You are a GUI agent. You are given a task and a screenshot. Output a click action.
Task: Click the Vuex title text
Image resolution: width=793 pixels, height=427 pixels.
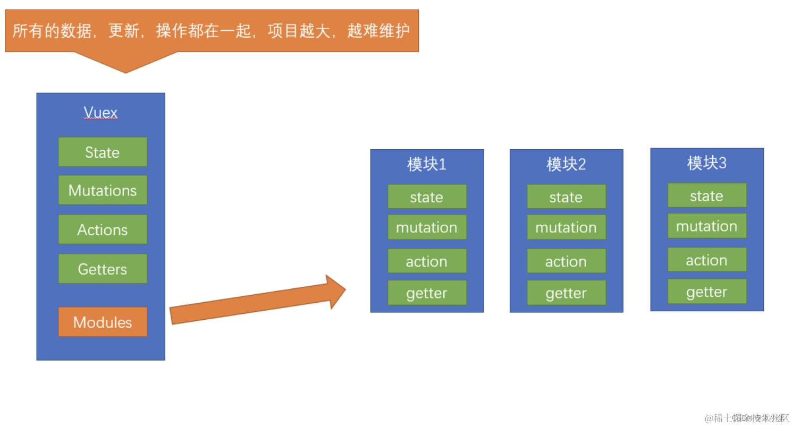[x=100, y=113]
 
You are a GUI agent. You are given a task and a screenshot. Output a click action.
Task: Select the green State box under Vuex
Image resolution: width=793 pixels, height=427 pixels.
[x=103, y=152]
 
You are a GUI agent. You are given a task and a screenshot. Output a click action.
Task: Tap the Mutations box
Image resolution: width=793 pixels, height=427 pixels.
[x=103, y=190]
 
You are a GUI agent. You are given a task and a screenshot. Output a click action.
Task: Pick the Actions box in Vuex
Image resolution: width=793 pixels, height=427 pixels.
[x=103, y=229]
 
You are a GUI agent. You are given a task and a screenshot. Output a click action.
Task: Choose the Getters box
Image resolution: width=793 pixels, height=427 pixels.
[x=103, y=269]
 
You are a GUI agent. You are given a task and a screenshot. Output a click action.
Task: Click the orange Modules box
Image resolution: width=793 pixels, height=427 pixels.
[x=103, y=322]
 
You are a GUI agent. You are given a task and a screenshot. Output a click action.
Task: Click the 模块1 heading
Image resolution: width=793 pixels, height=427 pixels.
[x=427, y=165]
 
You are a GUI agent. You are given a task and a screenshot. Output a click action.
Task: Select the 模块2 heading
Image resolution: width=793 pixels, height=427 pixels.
[x=566, y=165]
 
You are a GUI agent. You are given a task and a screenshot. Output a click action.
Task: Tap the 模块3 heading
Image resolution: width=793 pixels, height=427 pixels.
[x=707, y=163]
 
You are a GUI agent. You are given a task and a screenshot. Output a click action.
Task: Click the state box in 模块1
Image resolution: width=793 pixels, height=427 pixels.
[x=427, y=197]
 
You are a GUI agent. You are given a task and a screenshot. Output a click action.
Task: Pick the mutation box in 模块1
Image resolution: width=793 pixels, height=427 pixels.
[x=427, y=227]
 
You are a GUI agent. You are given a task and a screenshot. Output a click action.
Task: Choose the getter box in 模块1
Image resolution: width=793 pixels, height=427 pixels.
[x=427, y=293]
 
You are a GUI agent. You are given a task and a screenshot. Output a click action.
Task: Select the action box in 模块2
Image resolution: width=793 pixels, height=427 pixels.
[x=566, y=261]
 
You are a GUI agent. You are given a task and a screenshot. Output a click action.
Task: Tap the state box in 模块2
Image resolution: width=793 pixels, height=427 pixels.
[x=566, y=197]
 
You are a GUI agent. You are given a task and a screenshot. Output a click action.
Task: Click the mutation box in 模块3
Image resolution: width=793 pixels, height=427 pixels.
[x=707, y=226]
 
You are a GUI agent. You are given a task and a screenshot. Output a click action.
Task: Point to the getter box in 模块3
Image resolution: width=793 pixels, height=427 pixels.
[x=707, y=292]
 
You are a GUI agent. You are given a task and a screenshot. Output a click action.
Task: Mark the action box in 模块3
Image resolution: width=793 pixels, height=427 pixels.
[x=707, y=260]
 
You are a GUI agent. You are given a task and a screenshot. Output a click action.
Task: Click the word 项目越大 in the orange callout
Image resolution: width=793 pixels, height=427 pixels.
[x=298, y=31]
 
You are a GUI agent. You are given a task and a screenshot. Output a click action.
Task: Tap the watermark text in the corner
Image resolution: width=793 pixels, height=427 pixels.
[x=747, y=418]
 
